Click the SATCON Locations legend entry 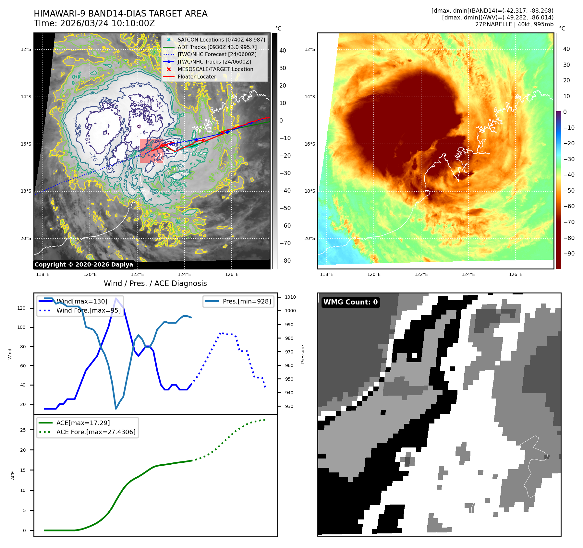point(221,40)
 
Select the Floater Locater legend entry point(197,77)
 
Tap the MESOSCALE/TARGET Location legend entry point(215,69)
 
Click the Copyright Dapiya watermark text point(84,265)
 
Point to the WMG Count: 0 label point(350,302)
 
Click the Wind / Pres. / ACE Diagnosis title point(155,283)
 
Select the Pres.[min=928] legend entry point(247,301)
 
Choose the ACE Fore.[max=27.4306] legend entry point(96,432)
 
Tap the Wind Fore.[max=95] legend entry point(88,310)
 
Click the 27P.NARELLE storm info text point(514,24)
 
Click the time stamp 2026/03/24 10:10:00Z point(107,24)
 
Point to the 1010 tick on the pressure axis point(290,297)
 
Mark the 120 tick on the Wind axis point(21,308)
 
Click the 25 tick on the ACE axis point(23,430)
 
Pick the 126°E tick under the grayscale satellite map point(232,275)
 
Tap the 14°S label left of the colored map point(310,97)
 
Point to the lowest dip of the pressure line point(116,409)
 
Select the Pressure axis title point(303,354)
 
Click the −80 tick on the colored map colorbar point(569,238)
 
